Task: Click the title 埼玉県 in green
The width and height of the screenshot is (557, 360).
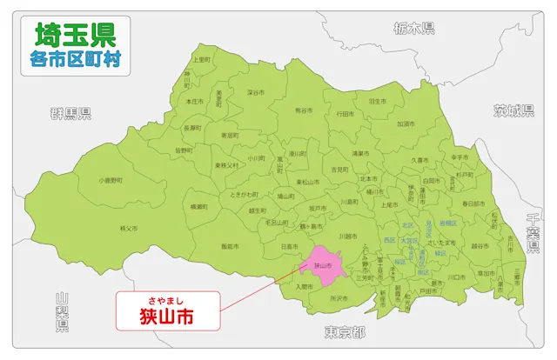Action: pyautogui.click(x=74, y=34)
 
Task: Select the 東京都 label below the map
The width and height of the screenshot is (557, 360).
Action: pyautogui.click(x=344, y=333)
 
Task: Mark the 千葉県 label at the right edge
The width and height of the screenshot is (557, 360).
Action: pyautogui.click(x=534, y=235)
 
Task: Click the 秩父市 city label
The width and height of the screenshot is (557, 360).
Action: pyautogui.click(x=129, y=229)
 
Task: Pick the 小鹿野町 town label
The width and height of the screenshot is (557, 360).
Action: pyautogui.click(x=111, y=180)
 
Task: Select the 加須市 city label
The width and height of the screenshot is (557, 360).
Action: pyautogui.click(x=406, y=123)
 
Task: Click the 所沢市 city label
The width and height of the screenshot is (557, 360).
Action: pyautogui.click(x=338, y=298)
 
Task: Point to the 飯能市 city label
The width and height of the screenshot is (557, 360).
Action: pyautogui.click(x=231, y=247)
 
